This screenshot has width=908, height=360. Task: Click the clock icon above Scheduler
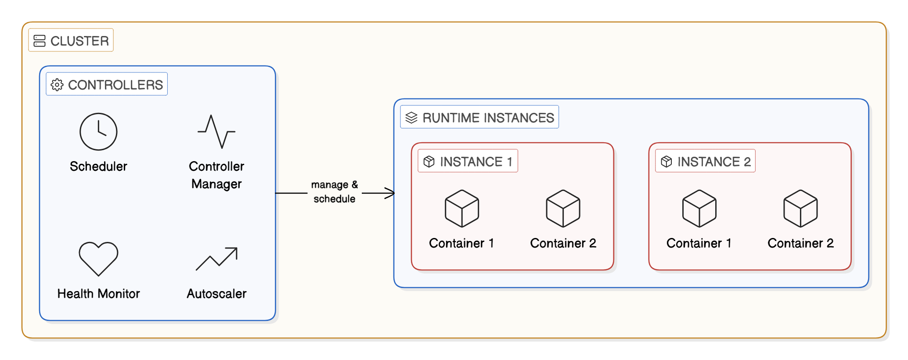98,132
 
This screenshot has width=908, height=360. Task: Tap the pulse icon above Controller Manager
216,132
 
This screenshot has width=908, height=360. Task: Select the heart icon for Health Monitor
98,259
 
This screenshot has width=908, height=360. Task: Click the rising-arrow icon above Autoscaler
216,259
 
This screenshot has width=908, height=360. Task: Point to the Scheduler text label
98,166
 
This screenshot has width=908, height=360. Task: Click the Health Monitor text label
98,294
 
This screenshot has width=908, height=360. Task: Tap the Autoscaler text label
216,294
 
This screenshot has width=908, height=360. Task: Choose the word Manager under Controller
216,184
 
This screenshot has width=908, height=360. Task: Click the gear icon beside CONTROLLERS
57,85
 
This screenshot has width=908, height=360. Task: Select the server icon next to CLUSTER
40,41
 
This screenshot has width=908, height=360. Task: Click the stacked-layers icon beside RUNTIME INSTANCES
411,118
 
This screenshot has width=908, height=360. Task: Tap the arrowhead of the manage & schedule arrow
390,193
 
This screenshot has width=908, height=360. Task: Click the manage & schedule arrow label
335,192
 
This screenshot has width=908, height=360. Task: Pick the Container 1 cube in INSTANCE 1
461,209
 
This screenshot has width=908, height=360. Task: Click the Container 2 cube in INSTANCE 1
563,209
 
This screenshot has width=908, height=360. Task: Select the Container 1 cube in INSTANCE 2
699,209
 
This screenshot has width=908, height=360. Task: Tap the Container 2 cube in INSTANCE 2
800,209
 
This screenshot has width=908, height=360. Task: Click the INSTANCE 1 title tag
468,161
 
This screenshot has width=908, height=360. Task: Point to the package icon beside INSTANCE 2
666,162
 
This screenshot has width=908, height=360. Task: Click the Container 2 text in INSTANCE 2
800,243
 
